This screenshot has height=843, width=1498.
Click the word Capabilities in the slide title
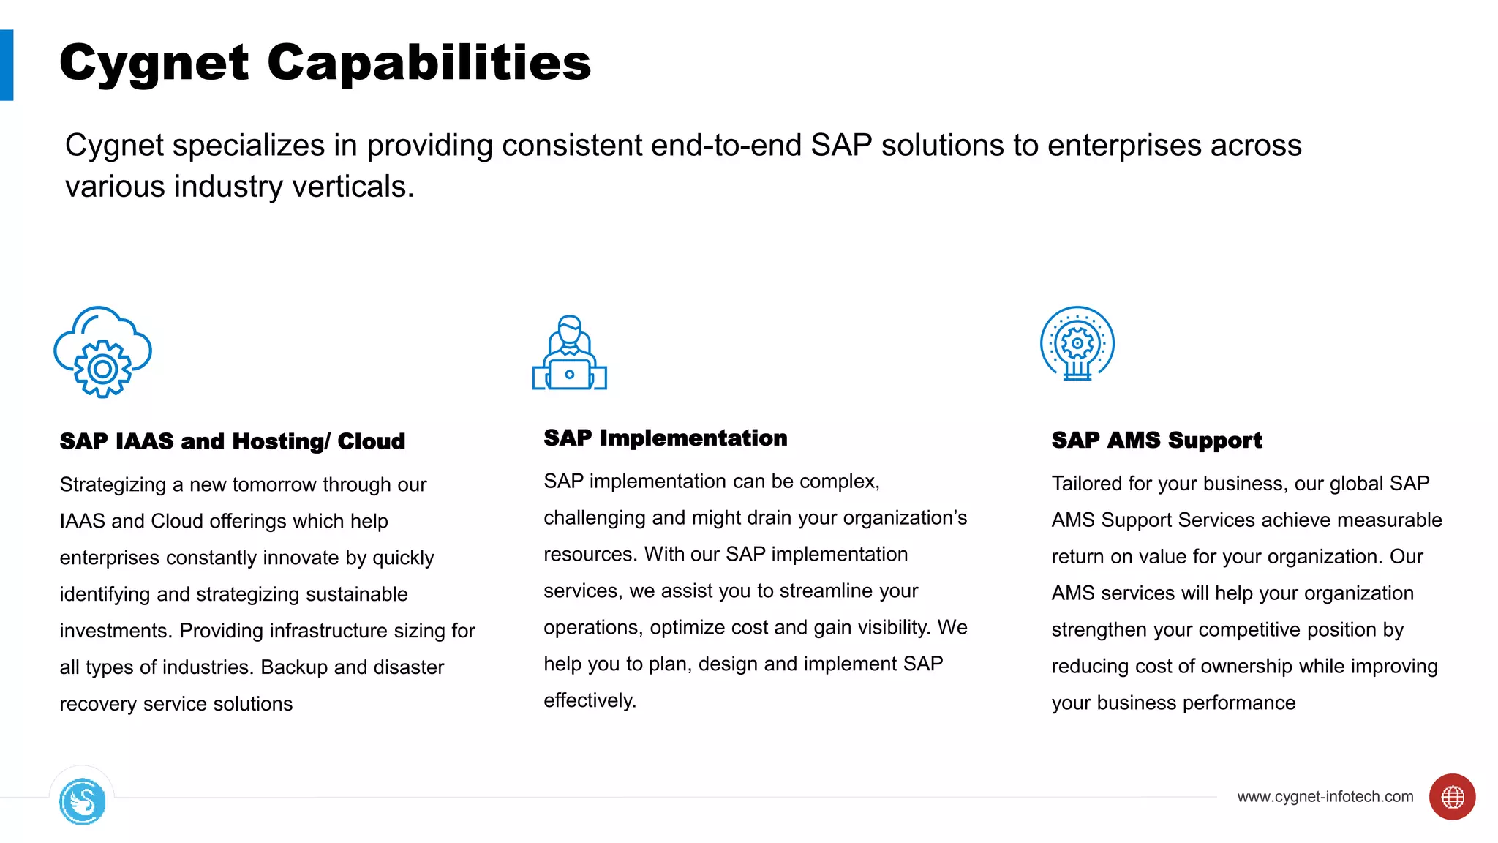(429, 63)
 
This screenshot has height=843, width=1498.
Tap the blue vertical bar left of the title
(7, 65)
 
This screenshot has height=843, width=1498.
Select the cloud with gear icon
(102, 352)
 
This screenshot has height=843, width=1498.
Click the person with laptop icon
(569, 353)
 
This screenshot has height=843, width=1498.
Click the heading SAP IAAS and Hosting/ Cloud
(232, 441)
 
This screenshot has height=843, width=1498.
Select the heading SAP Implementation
(665, 438)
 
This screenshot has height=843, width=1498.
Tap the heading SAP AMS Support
(1156, 440)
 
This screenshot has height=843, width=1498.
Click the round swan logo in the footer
(82, 801)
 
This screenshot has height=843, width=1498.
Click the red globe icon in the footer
(1452, 797)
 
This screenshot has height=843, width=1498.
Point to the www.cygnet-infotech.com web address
(1325, 797)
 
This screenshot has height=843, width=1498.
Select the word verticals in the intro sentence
(353, 187)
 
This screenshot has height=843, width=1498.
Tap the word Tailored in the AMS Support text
(1086, 484)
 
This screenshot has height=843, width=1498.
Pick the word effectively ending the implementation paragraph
(589, 700)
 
